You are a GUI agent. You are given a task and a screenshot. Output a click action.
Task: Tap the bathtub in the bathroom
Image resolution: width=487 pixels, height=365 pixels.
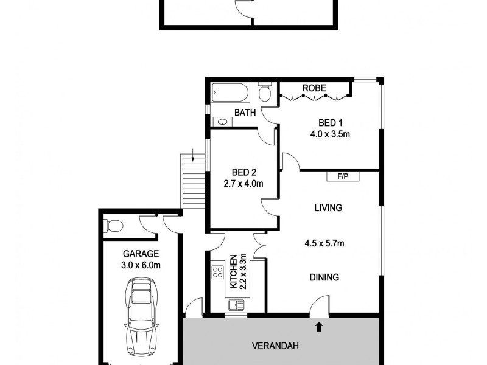pos(231,94)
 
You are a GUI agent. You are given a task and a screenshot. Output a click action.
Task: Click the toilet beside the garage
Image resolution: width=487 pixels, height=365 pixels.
pos(113,226)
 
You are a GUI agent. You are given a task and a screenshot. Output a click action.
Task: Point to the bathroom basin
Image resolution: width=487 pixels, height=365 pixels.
pos(223,122)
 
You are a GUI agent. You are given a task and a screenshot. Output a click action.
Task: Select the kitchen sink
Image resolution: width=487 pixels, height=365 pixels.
pos(236,304)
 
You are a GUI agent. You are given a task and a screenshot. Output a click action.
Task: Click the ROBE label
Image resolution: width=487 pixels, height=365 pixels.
pos(314,88)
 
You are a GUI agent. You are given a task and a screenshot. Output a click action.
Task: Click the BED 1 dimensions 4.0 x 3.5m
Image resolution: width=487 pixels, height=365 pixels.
pos(330,134)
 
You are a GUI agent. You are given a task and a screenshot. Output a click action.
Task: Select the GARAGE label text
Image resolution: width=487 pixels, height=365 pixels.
pos(141,254)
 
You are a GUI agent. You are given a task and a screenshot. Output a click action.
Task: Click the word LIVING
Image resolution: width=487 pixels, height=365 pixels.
pos(328,207)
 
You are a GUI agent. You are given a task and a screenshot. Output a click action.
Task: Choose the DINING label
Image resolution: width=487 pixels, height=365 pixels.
pos(324,277)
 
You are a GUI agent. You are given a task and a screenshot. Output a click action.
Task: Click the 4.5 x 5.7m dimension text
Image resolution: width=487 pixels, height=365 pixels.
pos(324,244)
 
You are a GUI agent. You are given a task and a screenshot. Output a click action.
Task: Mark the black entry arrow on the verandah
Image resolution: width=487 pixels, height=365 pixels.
pos(318,327)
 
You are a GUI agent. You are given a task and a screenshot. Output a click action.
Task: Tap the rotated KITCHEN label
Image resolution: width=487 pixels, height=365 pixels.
pos(233,271)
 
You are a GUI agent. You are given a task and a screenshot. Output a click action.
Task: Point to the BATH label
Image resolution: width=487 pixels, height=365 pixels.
pos(245,113)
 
